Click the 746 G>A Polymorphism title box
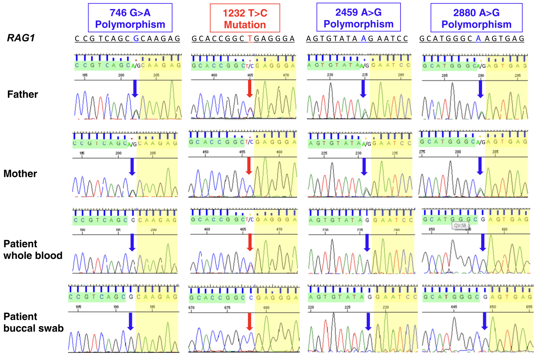point(130,18)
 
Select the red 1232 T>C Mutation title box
point(245,19)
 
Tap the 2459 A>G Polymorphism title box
point(358,18)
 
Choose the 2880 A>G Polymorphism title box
point(476,18)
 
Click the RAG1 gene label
point(21,38)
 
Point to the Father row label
point(22,95)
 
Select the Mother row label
point(20,174)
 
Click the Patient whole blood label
point(33,250)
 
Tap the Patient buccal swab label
point(33,322)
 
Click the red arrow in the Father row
point(249,88)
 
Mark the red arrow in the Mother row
point(249,165)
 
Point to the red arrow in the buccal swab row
point(249,321)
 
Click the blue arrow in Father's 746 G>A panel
point(135,88)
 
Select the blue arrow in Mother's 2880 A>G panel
point(480,166)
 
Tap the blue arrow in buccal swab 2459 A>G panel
point(368,321)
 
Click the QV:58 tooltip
point(460,226)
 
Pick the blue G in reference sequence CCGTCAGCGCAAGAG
point(136,39)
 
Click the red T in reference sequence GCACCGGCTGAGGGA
point(250,39)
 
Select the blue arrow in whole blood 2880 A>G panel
point(482,242)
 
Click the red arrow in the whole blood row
point(250,242)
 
